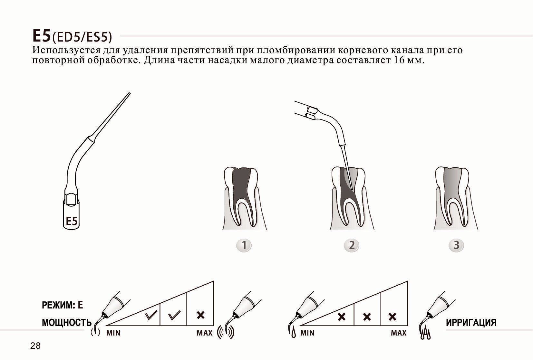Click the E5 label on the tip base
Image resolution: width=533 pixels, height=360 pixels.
pos(72,221)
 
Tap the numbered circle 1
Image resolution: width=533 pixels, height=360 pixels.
pos(244,245)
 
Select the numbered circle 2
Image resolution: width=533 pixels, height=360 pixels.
pos(352,245)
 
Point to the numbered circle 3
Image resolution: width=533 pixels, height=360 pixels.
pos(456,245)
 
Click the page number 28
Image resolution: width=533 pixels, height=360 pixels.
pos(35,346)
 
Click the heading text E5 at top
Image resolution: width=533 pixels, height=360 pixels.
pos(42,36)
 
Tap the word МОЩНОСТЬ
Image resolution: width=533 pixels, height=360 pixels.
pos(67,323)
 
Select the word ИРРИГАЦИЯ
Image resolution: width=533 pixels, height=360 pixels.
pos(471,323)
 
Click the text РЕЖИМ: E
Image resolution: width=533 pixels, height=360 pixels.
pos(63,305)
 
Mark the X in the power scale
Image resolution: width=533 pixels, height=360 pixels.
pos(200,315)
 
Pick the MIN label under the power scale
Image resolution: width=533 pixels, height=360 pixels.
pos(113,333)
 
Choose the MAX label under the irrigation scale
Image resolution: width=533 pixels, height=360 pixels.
pos(399,333)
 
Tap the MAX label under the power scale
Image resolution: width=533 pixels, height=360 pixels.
pos(205,333)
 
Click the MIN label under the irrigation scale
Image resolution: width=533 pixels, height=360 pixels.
pos(307,333)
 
